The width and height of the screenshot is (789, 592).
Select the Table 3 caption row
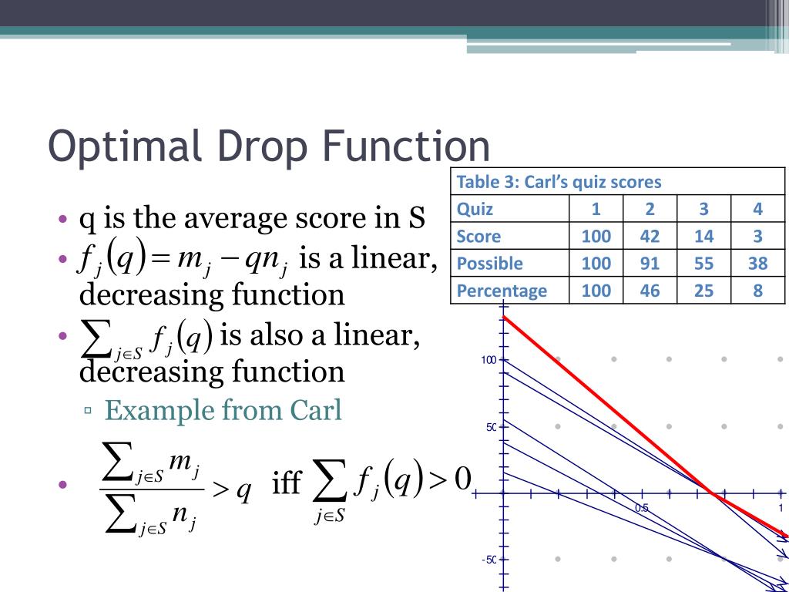pos(559,182)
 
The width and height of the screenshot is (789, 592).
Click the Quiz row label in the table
pos(475,209)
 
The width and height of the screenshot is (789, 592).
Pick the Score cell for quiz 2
pos(650,236)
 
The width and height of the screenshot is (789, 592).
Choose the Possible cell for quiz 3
pos(703,263)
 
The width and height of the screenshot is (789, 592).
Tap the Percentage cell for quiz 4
pos(757,290)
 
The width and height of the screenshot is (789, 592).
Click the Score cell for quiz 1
pos(596,236)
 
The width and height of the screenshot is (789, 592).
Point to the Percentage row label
pos(502,290)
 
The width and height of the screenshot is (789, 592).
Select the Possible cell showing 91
pos(650,263)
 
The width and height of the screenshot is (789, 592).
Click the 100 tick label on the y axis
pos(489,360)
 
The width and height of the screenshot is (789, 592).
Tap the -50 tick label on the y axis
pos(488,560)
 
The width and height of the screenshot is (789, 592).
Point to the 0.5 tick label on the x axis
pos(641,507)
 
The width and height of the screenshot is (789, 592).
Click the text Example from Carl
pos(223,410)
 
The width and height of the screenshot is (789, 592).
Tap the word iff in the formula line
pos(287,484)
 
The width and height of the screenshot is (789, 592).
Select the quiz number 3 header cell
pos(703,209)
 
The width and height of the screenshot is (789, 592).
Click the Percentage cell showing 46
pos(650,290)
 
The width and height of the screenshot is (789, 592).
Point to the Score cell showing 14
pos(703,236)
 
